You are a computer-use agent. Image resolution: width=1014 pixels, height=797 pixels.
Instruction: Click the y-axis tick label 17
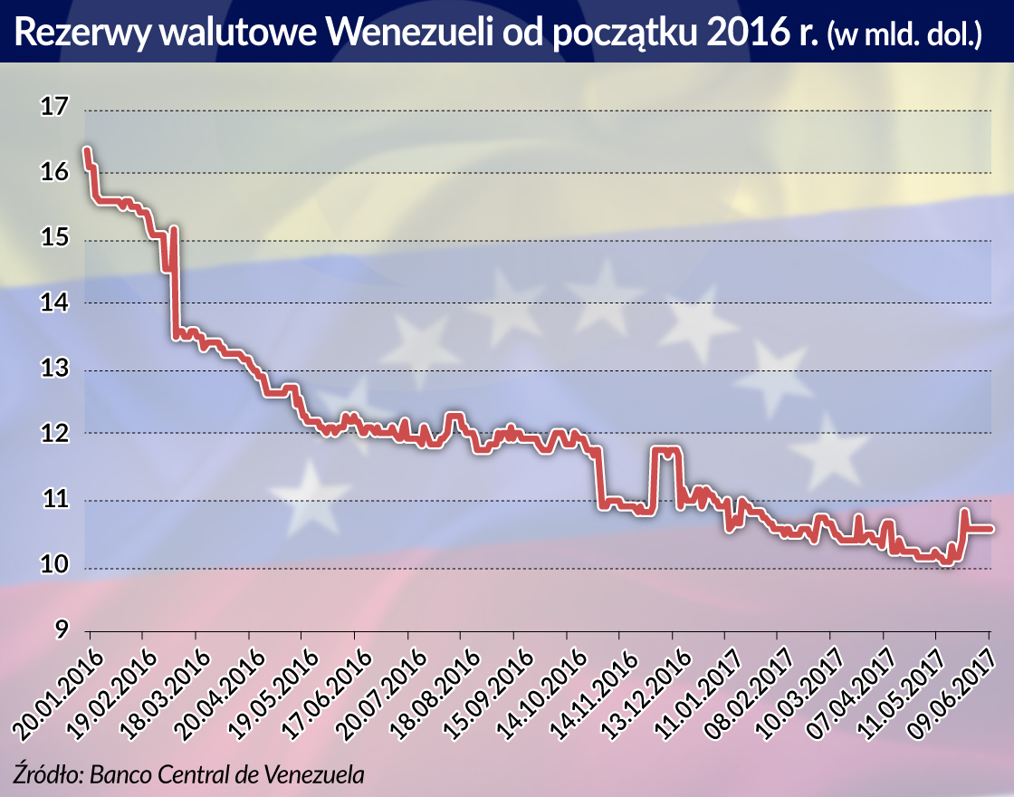pos(54,108)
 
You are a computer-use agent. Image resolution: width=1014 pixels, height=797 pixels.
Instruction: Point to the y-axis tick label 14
pos(54,302)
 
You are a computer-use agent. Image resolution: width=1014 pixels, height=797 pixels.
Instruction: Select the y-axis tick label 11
pos(54,499)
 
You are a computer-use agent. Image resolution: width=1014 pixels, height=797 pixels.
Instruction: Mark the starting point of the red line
pos(86,150)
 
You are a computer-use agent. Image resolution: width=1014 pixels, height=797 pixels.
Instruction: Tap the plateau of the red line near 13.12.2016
pos(665,450)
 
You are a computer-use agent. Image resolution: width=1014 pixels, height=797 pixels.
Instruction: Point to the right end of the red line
pos(992,528)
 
